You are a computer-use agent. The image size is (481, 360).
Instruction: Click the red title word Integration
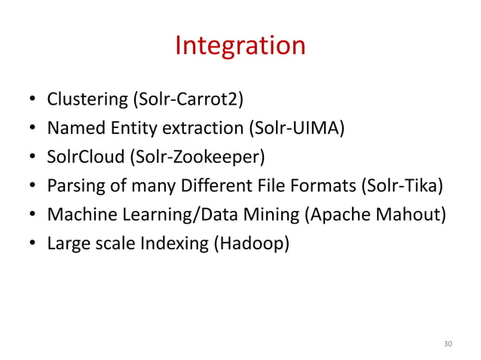[240, 46]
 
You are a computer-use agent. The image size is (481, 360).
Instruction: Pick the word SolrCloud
[81, 157]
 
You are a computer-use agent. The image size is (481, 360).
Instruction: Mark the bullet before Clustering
[33, 100]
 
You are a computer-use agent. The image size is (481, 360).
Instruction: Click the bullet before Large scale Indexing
[33, 245]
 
